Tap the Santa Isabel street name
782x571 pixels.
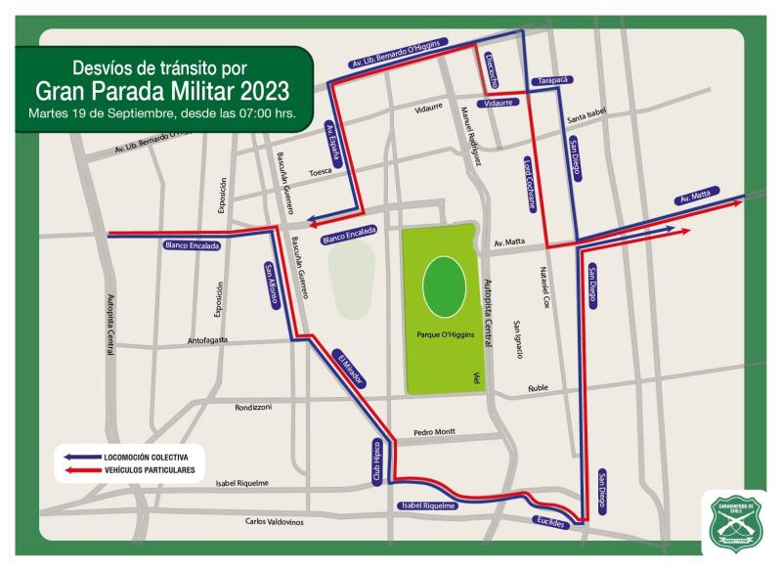[x=587, y=115]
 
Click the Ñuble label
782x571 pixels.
[x=539, y=388]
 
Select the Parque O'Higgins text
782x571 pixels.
[x=445, y=332]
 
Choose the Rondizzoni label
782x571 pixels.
[x=252, y=407]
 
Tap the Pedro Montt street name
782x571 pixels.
[x=435, y=432]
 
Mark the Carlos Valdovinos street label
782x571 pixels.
[x=275, y=522]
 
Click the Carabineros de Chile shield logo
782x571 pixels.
[x=734, y=523]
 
